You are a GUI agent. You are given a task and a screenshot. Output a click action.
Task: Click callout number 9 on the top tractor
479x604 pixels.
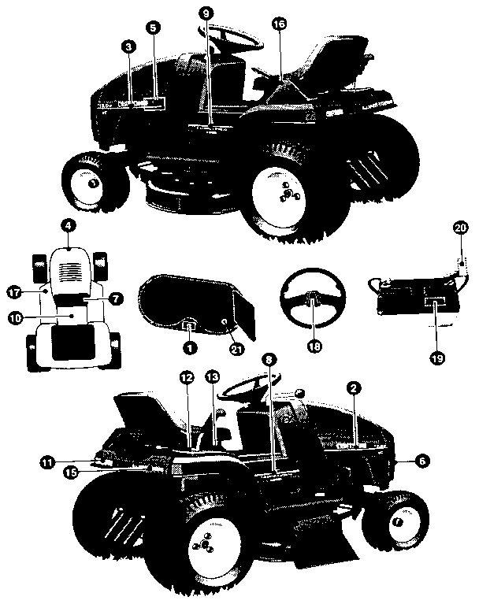tap(206, 13)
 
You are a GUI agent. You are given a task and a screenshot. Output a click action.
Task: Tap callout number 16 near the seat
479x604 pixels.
tap(278, 24)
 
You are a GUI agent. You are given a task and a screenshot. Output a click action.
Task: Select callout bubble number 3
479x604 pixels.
tap(128, 47)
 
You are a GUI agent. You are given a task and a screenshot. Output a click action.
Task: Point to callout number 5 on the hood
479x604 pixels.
tap(153, 26)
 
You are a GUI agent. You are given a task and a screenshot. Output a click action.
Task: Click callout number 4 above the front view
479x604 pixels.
tap(69, 226)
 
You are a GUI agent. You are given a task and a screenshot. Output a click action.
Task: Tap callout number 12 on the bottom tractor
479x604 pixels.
tap(186, 378)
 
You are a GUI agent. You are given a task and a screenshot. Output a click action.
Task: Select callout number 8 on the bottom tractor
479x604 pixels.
tap(269, 361)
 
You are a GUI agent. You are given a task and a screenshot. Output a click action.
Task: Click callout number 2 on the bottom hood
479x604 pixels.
tap(355, 389)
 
